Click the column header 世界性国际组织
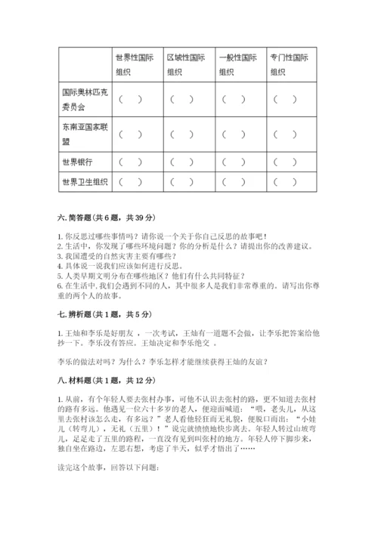tap(137, 64)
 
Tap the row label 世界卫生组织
tap(84, 182)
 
